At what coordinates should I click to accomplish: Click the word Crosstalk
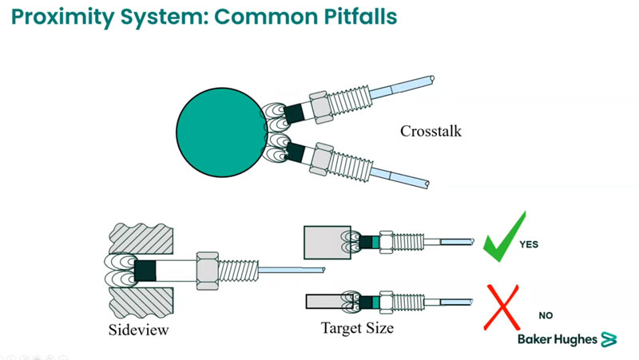click(432, 131)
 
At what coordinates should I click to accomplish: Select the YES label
click(529, 244)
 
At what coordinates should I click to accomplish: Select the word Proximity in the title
click(60, 17)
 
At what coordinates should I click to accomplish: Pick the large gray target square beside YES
click(322, 240)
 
